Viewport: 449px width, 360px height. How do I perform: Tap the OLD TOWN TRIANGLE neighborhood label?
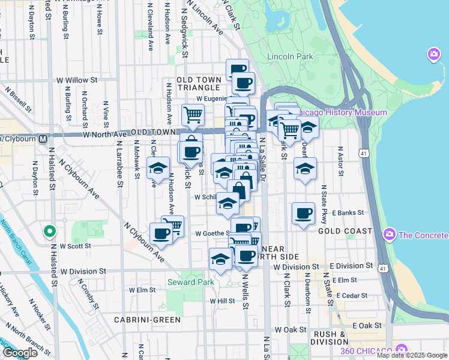(x=203, y=84)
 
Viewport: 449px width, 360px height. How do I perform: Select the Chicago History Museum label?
(x=343, y=112)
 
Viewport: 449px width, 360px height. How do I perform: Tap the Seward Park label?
(x=189, y=282)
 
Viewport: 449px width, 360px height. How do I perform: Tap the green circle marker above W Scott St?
(x=50, y=230)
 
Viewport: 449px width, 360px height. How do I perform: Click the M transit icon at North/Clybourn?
(x=43, y=139)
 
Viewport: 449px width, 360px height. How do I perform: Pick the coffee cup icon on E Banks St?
(x=303, y=213)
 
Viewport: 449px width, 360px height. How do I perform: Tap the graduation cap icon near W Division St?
(x=220, y=259)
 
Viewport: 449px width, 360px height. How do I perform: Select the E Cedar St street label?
(x=351, y=295)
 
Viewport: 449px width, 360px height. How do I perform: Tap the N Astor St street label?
(x=340, y=157)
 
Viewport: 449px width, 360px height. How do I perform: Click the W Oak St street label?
(x=290, y=330)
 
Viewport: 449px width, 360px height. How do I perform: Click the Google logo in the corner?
(x=20, y=353)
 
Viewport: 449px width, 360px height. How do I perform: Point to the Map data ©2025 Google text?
(x=412, y=355)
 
